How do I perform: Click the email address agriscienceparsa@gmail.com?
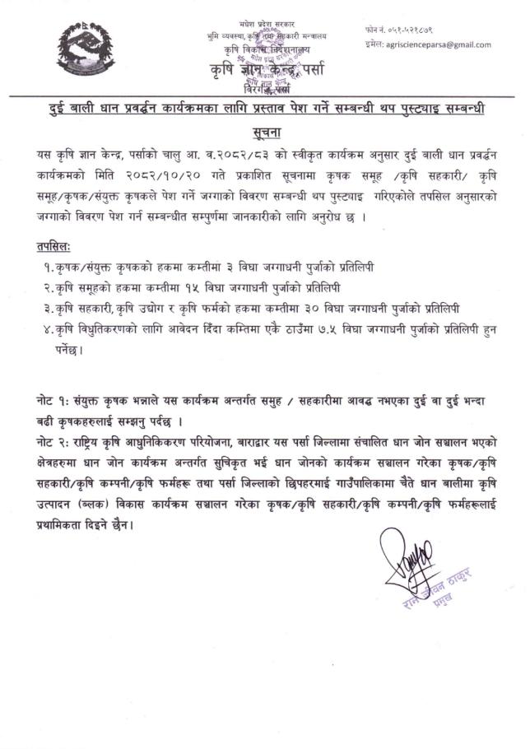pyautogui.click(x=439, y=44)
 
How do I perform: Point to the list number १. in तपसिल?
pyautogui.click(x=72, y=267)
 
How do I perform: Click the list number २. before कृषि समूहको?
pyautogui.click(x=72, y=288)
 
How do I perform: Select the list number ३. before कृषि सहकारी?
pyautogui.click(x=72, y=308)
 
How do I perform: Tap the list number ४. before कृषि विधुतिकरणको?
pyautogui.click(x=72, y=328)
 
